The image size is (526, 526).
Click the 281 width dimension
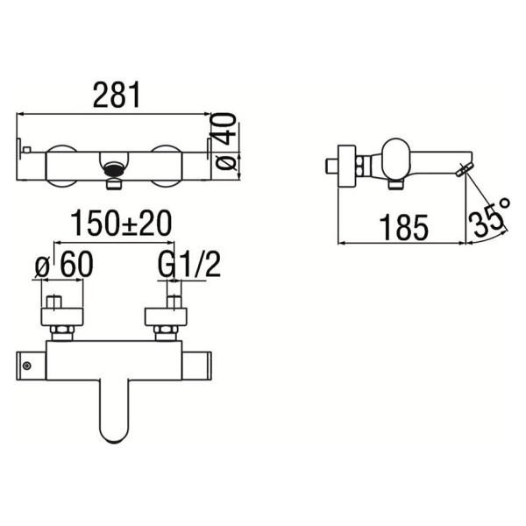coord(116,96)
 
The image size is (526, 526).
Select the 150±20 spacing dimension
coord(121,223)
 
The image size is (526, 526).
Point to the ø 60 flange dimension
coord(64,265)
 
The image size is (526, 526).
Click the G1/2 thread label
coord(189,265)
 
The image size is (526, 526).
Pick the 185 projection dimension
coord(403,227)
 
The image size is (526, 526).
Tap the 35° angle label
coord(489,216)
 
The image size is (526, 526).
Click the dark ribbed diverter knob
coord(114,169)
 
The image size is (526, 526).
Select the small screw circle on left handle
coord(27,366)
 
